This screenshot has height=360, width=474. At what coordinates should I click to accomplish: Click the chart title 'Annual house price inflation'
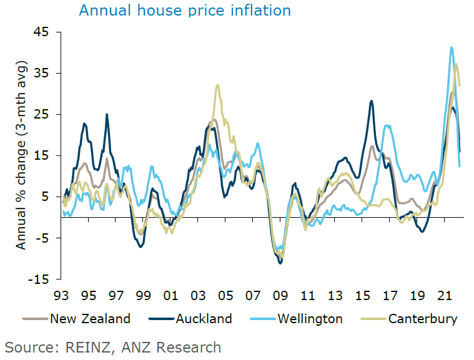[185, 11]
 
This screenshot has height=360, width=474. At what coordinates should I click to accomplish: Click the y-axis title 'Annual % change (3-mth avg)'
[22, 156]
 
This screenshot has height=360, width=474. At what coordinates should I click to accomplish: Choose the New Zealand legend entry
[91, 319]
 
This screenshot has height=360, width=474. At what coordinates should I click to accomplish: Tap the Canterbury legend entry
[423, 319]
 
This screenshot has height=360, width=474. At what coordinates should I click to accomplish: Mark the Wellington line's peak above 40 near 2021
[451, 47]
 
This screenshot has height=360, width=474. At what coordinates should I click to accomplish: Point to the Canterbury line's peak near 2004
[217, 85]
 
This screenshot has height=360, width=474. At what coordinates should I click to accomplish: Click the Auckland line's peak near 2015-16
[372, 101]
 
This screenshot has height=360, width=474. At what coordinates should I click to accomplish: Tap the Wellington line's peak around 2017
[388, 125]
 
